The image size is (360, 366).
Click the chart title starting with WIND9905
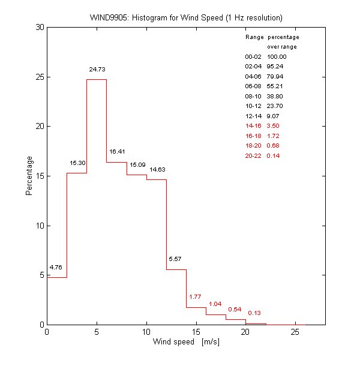[x=185, y=17]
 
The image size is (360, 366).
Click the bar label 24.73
[x=97, y=70]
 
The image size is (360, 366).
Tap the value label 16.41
[x=116, y=152]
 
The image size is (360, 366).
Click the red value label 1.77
[x=195, y=296]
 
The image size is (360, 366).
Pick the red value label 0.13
[x=254, y=313]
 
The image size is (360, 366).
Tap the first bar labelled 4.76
[x=56, y=301]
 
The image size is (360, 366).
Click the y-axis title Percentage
[x=29, y=176]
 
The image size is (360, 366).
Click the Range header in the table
[x=254, y=37]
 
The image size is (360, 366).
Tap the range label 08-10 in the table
[x=254, y=96]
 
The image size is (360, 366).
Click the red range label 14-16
[x=254, y=125]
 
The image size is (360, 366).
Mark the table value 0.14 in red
[x=274, y=155]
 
